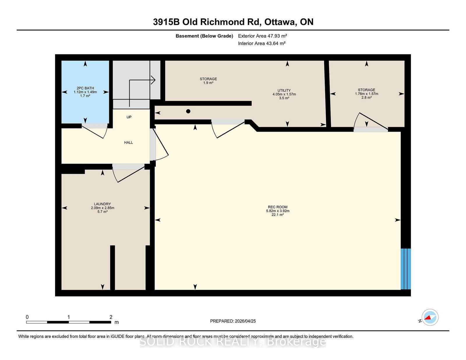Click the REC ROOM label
[x=278, y=211]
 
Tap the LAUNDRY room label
[x=103, y=208]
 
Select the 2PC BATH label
[x=85, y=92]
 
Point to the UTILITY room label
[x=284, y=94]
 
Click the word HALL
[x=128, y=143]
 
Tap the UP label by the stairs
[x=129, y=117]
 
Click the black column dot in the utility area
[x=188, y=111]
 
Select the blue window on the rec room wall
[x=406, y=269]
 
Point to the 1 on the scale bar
[x=69, y=317]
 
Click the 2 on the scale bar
[x=111, y=317]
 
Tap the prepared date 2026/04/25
[x=245, y=321]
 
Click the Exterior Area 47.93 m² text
[x=262, y=36]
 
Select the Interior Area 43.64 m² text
[x=262, y=43]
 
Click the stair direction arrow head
[x=153, y=80]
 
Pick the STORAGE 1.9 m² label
[x=208, y=81]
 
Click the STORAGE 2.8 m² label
[x=366, y=94]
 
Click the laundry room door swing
[x=128, y=173]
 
